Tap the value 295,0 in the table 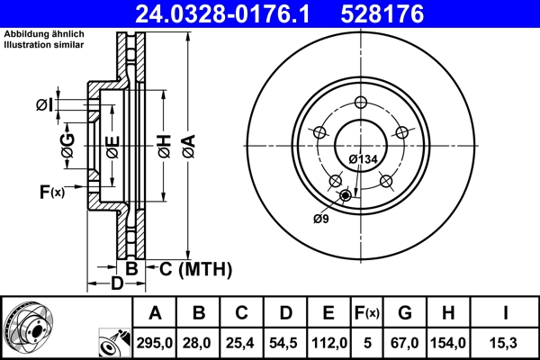pos(155,343)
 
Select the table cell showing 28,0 pos(199,343)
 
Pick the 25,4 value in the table pos(242,343)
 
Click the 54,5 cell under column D pos(285,343)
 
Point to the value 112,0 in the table pos(328,343)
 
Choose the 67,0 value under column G pos(405,343)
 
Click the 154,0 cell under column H pos(449,343)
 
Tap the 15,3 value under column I pos(507,343)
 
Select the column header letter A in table pos(155,313)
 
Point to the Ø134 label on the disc pos(362,159)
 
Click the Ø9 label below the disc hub pos(320,218)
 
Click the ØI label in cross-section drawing pos(44,105)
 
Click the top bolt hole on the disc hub pos(361,102)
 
